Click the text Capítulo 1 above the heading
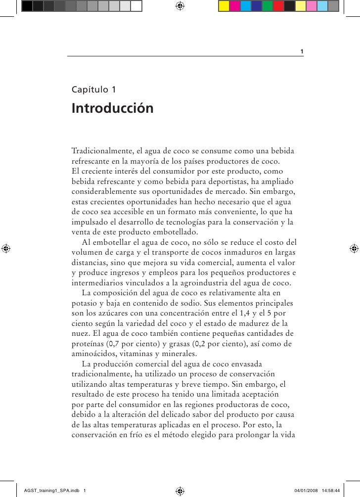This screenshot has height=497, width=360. pos(94,90)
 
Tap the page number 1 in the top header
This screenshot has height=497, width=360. pos(302,52)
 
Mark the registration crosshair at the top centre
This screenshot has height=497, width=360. pos(180,6)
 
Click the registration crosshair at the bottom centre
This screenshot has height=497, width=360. pos(180,490)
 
